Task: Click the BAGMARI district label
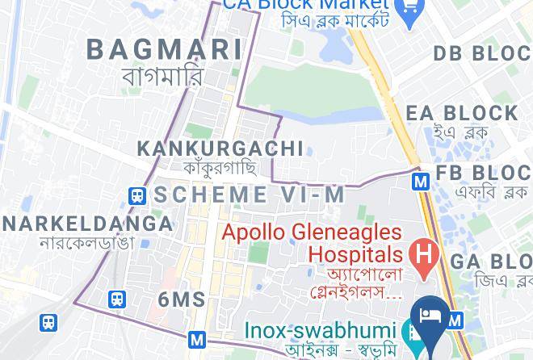pyautogui.click(x=164, y=49)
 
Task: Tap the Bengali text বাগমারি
pyautogui.click(x=162, y=77)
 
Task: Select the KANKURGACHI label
pyautogui.click(x=220, y=149)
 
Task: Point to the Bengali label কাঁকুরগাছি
pyautogui.click(x=220, y=168)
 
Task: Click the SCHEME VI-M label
pyautogui.click(x=250, y=195)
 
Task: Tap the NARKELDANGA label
pyautogui.click(x=87, y=224)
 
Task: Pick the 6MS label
pyautogui.click(x=182, y=300)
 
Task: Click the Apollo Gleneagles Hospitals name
pyautogui.click(x=312, y=243)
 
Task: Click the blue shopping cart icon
pyautogui.click(x=409, y=10)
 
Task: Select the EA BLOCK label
pyautogui.click(x=462, y=113)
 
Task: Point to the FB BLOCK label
pyautogui.click(x=483, y=174)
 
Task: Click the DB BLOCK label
pyautogui.click(x=482, y=54)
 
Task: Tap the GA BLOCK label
pyautogui.click(x=491, y=262)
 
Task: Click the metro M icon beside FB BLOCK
pyautogui.click(x=420, y=182)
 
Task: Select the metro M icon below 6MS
pyautogui.click(x=196, y=340)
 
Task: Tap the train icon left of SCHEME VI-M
pyautogui.click(x=137, y=195)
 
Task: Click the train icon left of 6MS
pyautogui.click(x=117, y=300)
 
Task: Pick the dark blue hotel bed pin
pyautogui.click(x=429, y=316)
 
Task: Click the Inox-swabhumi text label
pyautogui.click(x=321, y=331)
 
